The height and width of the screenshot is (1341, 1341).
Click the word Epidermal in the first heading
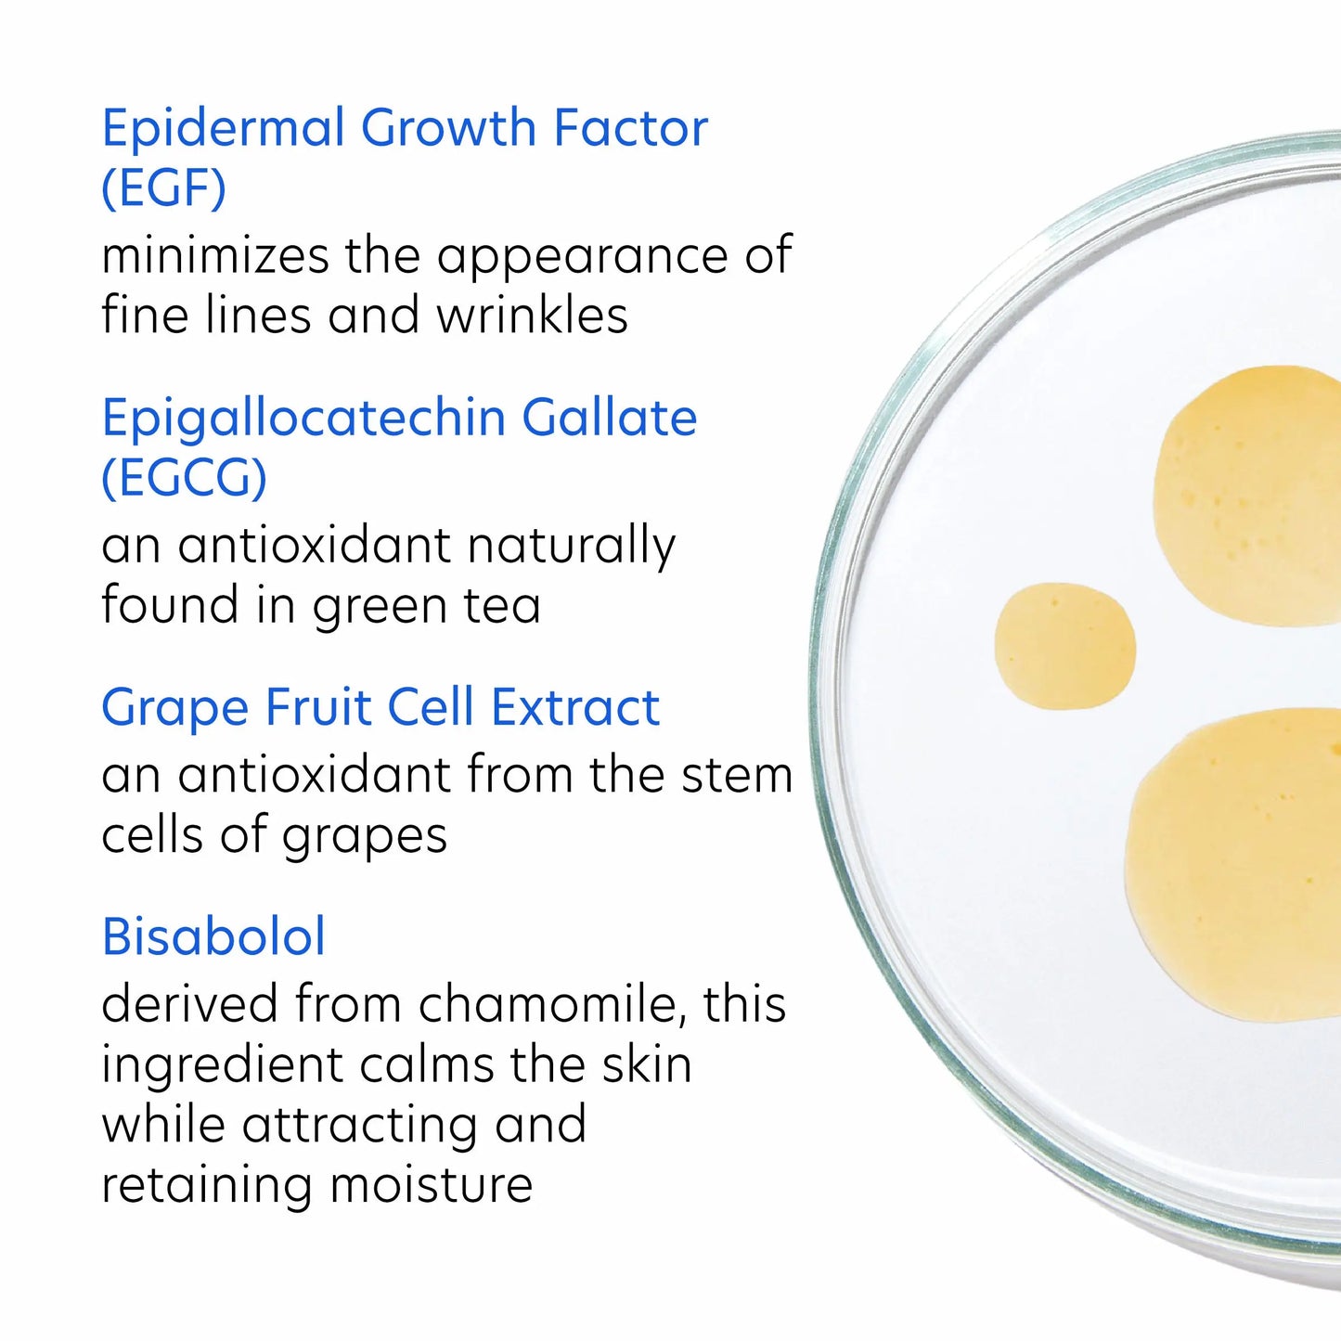223,128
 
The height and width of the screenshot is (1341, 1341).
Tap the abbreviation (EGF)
163,187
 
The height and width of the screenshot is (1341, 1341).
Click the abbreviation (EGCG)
184,478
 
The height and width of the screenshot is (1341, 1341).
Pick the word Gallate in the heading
609,418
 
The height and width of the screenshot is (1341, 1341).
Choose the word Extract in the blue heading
575,707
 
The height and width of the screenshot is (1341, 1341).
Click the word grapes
365,837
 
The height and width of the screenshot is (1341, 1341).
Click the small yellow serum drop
1064,646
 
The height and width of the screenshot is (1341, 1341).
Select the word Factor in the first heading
630,128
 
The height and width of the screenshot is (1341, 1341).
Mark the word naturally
571,548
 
